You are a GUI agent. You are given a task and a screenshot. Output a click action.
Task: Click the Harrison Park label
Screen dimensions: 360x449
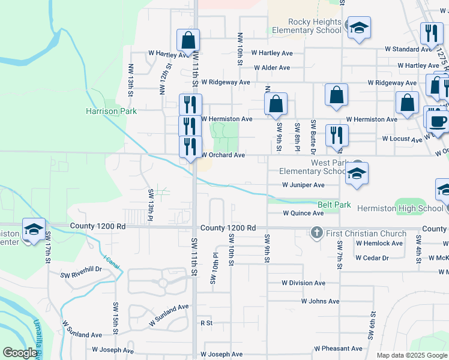click(111, 111)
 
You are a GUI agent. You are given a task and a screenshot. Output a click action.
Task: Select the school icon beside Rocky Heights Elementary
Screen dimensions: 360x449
click(359, 28)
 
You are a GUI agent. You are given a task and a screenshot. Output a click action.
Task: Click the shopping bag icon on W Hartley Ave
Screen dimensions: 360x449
click(188, 41)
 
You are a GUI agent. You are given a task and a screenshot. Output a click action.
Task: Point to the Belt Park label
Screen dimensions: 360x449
click(334, 205)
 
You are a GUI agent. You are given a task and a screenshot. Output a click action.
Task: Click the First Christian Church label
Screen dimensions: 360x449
click(364, 233)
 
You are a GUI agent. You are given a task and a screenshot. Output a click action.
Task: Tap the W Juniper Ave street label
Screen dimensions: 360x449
click(303, 185)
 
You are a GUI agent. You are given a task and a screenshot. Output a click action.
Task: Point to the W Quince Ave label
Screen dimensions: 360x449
click(303, 213)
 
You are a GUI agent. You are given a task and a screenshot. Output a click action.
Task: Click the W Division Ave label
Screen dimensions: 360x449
click(304, 283)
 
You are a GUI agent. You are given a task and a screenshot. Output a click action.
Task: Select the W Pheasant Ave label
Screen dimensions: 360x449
click(339, 349)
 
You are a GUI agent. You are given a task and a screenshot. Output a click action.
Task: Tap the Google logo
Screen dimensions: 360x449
click(20, 353)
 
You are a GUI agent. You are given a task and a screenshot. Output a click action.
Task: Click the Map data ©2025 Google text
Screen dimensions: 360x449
click(411, 355)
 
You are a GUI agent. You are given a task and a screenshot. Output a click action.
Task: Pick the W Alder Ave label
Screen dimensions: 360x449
click(271, 68)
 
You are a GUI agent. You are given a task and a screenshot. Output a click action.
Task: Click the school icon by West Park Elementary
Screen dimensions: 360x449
click(357, 173)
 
